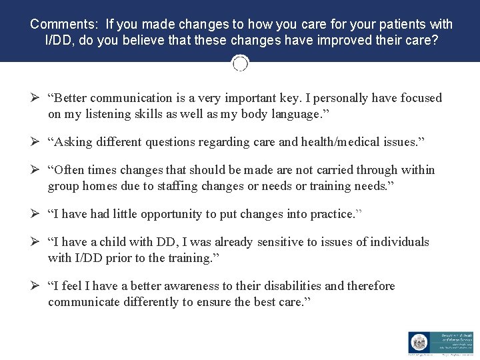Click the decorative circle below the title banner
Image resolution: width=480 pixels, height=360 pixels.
(x=240, y=63)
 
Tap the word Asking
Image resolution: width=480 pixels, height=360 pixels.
(x=73, y=142)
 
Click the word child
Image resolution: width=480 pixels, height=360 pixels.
(x=117, y=242)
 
